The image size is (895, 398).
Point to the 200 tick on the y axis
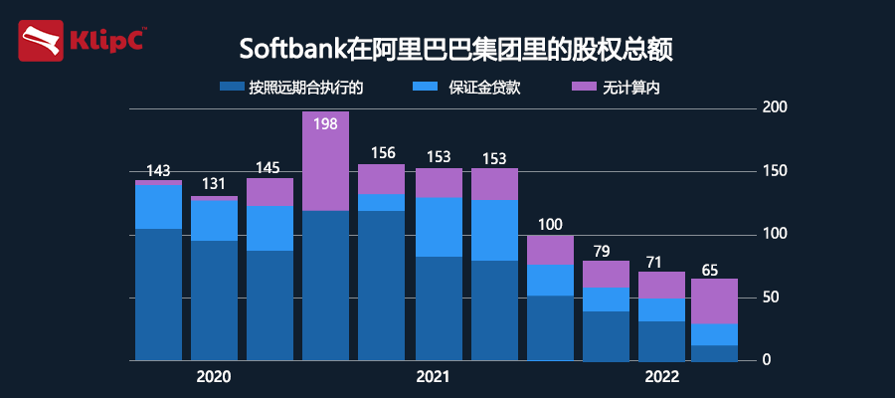pos(773,107)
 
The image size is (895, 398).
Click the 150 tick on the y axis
pos(773,171)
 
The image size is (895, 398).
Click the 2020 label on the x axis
pos(214,377)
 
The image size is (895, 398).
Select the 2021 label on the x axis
pos(433,377)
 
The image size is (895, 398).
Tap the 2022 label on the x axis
pos(661,377)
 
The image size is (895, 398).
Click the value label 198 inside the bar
pos(325,124)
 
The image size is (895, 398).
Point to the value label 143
pos(158,171)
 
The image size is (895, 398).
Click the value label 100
pos(550,225)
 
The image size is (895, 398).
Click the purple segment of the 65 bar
pos(714,301)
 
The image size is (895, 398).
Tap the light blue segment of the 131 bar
pos(214,220)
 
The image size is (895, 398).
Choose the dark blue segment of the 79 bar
pos(606,335)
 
